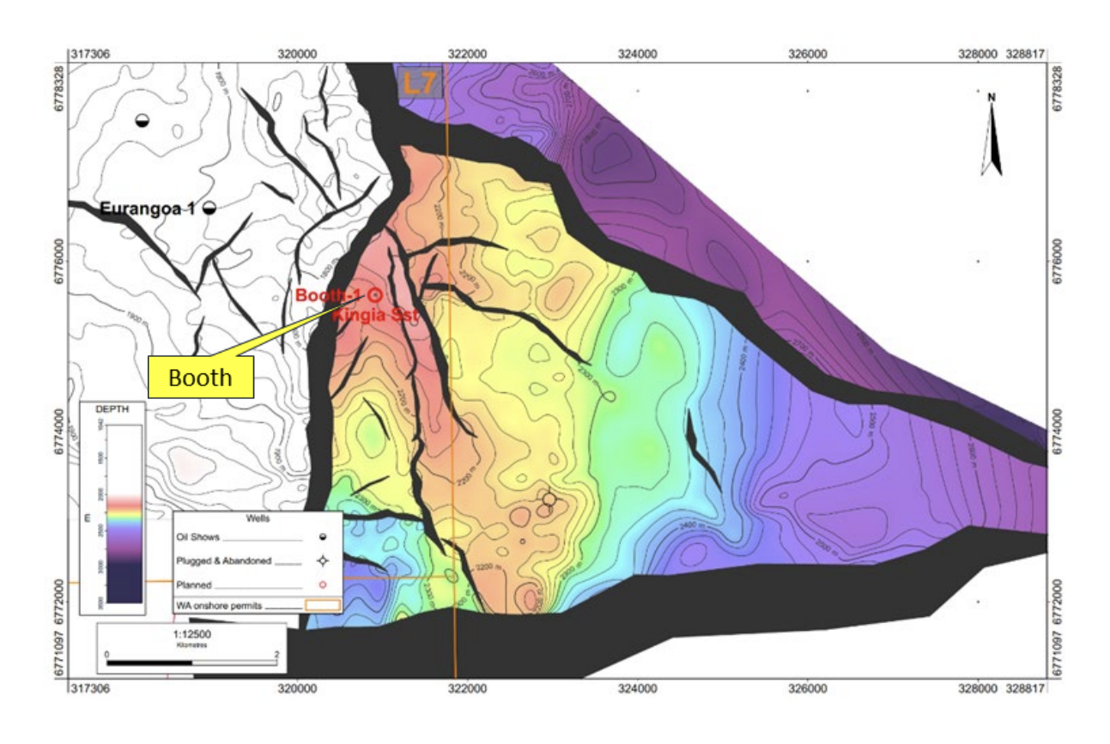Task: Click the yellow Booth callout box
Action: pos(201,378)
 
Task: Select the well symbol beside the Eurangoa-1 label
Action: pos(209,209)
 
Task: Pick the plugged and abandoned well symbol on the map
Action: pos(549,499)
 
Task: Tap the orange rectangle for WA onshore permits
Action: pos(323,605)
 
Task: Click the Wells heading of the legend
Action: pos(258,519)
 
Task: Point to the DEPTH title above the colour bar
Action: pos(112,409)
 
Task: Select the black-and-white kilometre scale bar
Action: pos(190,662)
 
